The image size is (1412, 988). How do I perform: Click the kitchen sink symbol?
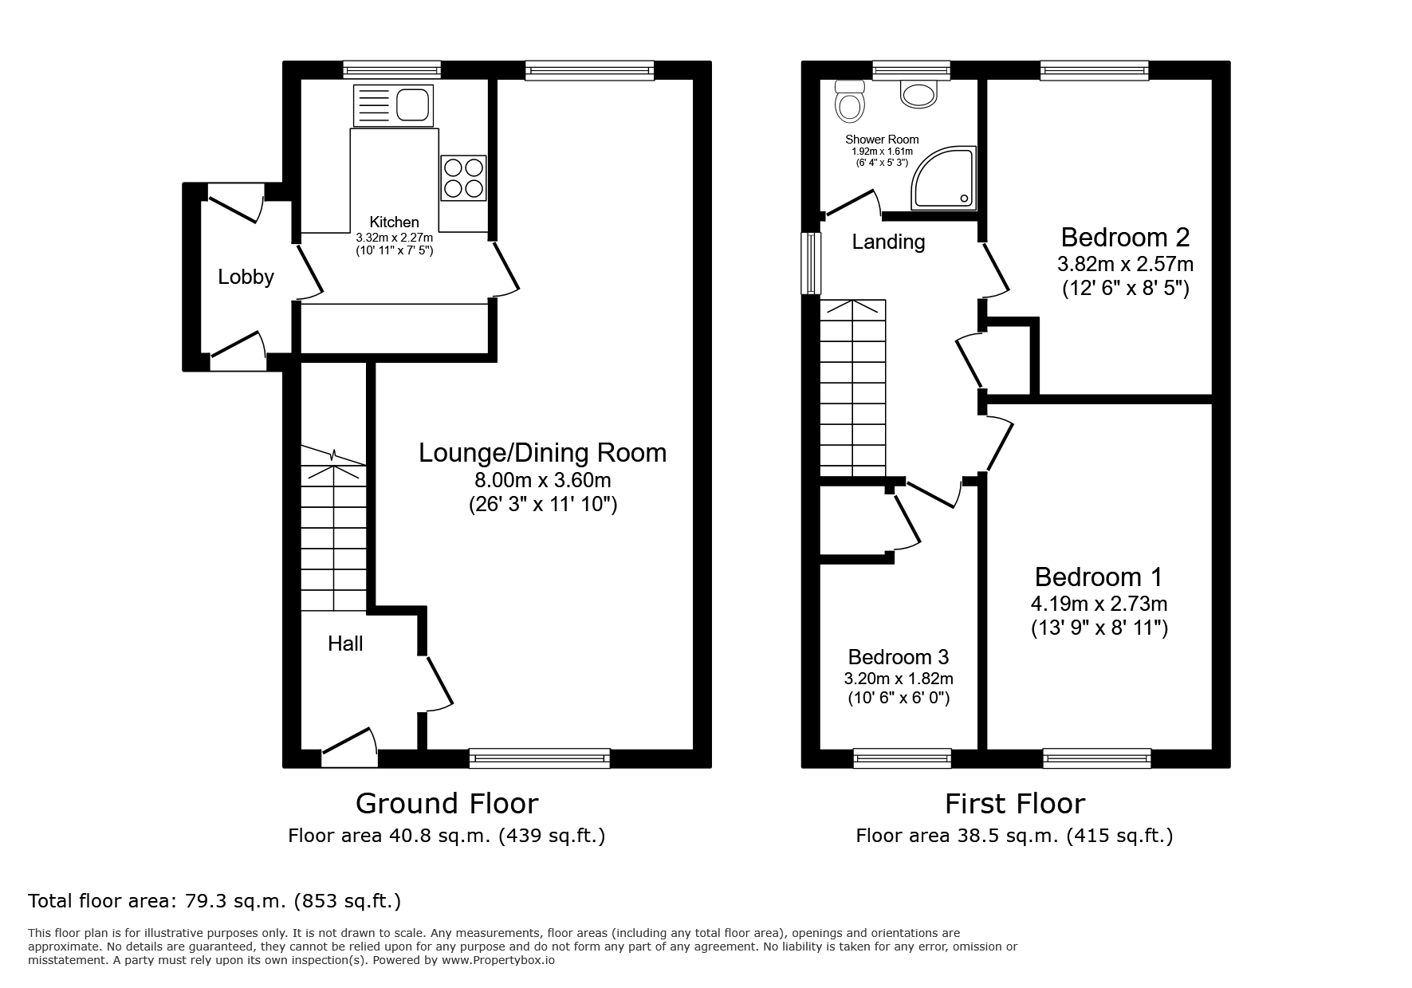(393, 105)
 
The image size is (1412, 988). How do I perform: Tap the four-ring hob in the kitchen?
(463, 178)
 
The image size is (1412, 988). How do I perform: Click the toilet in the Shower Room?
(849, 100)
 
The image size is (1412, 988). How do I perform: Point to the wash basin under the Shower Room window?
(918, 94)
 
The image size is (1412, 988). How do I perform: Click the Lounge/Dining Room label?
(542, 453)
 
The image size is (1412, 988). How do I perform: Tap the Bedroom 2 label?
(1125, 237)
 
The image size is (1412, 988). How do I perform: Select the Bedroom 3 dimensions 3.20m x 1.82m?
(899, 679)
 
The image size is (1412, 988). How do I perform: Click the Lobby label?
(246, 277)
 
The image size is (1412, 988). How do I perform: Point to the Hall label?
(345, 644)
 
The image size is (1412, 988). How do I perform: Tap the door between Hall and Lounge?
(438, 683)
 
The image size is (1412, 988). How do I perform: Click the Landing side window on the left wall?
(812, 263)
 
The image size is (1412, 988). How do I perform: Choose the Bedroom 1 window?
(1097, 758)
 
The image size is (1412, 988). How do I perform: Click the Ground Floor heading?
(446, 803)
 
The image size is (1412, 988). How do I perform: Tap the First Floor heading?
(1014, 803)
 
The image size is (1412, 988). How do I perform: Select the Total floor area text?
(214, 901)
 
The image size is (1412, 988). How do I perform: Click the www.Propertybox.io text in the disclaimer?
(498, 960)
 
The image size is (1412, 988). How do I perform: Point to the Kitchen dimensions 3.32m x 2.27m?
(394, 238)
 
